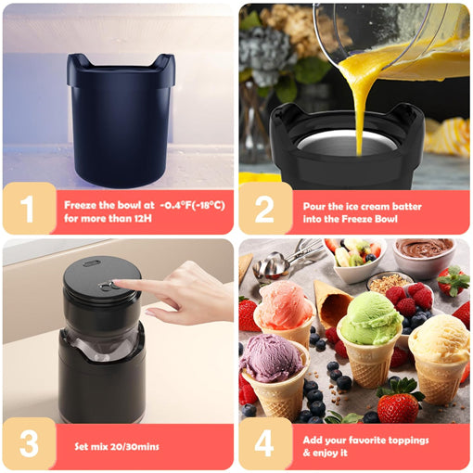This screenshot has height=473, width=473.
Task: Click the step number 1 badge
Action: pyautogui.click(x=27, y=208)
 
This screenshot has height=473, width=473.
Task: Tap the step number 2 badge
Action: pyautogui.click(x=264, y=208)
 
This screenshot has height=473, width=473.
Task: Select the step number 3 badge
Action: pyautogui.click(x=27, y=444)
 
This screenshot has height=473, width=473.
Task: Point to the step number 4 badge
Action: pyautogui.click(x=264, y=444)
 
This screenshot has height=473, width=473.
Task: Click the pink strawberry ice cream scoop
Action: pyautogui.click(x=284, y=305)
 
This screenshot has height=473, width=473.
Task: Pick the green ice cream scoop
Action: pyautogui.click(x=370, y=318)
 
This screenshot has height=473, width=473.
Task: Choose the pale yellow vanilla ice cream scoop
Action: pyautogui.click(x=439, y=338)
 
